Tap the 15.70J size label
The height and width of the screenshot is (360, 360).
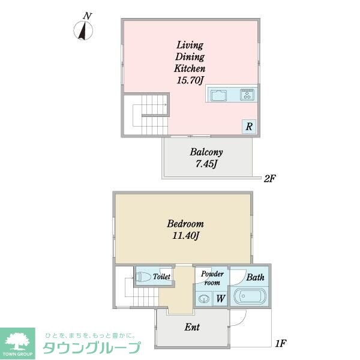coord(190,80)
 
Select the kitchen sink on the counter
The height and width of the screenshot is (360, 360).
coord(217,95)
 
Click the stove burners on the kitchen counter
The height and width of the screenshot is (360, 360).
coord(247,95)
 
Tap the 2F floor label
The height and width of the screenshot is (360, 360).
coord(269,178)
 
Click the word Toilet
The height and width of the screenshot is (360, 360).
coord(162,277)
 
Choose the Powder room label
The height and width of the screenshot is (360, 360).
coord(212,278)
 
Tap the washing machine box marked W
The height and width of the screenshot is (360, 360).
coord(220,298)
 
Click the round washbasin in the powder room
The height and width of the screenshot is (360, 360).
coord(205,298)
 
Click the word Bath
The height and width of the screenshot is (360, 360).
coord(255,277)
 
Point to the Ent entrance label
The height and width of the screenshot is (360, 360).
coord(192,328)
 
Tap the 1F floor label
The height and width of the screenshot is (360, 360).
coord(279,344)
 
